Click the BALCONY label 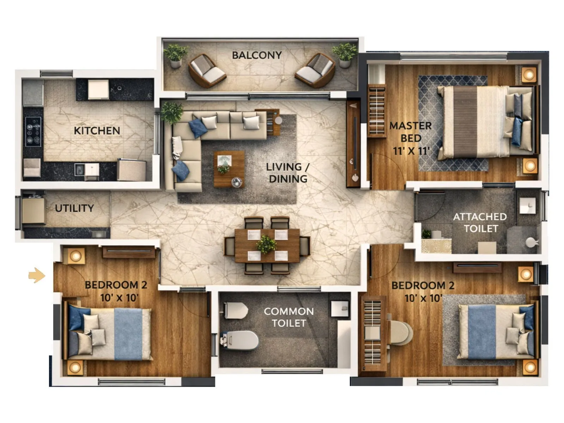point(257,55)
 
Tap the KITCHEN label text point(97,131)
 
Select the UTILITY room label point(74,208)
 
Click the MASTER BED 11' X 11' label point(411,138)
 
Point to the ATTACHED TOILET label point(480,222)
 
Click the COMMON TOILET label point(289,317)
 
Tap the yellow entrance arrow point(37,275)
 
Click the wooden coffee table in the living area point(229,169)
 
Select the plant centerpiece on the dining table point(267,244)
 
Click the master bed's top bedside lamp point(528,74)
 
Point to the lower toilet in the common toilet point(240,340)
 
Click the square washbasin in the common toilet point(340,309)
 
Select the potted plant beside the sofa point(172,112)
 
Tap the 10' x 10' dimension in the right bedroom point(423,298)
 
